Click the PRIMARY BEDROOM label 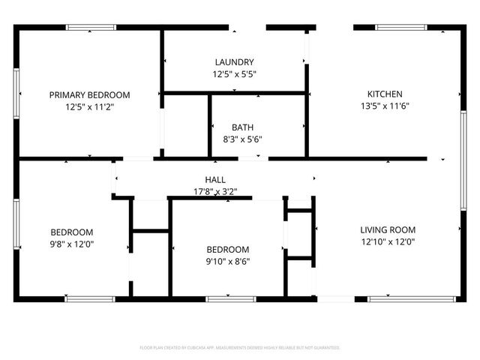tap(89, 95)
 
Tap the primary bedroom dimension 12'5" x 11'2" tap(89, 107)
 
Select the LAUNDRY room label tap(234, 62)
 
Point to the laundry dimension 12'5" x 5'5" tap(234, 74)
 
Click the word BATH tap(242, 127)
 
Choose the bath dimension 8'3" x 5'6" tap(242, 139)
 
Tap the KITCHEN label tap(385, 94)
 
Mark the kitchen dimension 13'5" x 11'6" tap(385, 106)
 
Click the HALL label tap(215, 180)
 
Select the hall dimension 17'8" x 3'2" tap(215, 191)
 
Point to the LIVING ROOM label tap(388, 230)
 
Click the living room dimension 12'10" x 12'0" tap(388, 242)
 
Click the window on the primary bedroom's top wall tap(91, 28)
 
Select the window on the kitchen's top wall tap(402, 28)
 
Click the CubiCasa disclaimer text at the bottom tap(240, 348)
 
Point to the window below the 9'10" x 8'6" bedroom tap(229, 298)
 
